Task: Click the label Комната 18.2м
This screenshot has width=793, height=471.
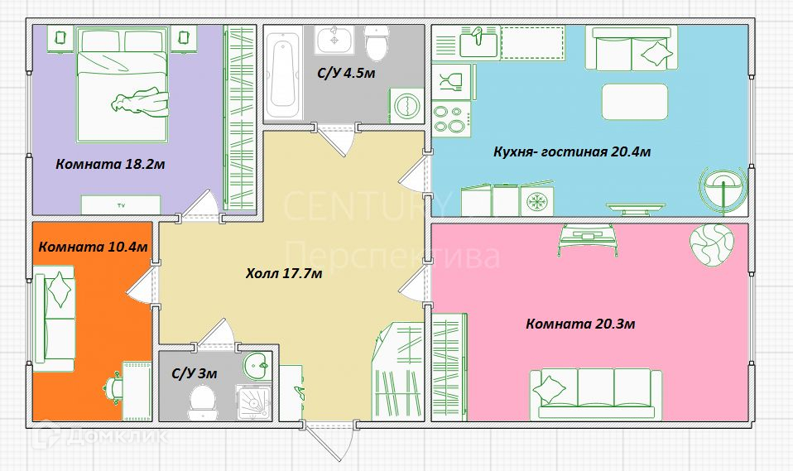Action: click(110, 165)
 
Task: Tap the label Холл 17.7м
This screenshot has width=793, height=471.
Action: click(284, 274)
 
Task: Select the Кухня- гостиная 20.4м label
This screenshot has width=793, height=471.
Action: click(572, 151)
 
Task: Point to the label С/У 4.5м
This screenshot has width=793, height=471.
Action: click(347, 74)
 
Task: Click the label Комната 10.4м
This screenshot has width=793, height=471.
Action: click(93, 247)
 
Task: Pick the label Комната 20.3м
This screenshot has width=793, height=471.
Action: click(580, 324)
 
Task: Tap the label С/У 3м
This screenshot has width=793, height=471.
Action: click(195, 374)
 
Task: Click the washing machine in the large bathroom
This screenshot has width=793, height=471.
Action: click(406, 106)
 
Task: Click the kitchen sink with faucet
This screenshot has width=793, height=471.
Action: click(478, 42)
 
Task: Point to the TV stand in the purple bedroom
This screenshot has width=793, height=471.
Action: click(122, 205)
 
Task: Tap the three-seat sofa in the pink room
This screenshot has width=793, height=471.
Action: click(596, 393)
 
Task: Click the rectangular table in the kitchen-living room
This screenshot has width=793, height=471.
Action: click(635, 102)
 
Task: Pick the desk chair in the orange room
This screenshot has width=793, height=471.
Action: click(114, 389)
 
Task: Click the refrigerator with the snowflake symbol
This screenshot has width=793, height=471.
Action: click(536, 199)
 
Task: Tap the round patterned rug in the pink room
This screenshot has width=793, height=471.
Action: click(712, 244)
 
